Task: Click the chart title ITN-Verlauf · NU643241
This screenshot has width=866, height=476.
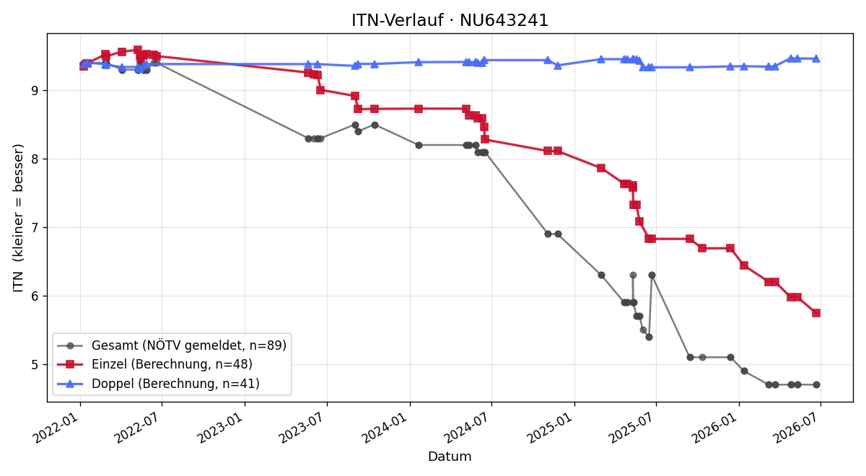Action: (450, 20)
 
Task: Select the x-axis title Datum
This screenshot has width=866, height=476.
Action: (450, 457)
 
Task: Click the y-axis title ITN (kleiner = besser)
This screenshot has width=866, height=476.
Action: (19, 218)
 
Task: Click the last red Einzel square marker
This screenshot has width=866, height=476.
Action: (816, 313)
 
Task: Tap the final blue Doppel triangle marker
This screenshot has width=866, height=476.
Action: (816, 58)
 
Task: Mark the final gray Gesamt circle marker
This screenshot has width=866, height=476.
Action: (816, 385)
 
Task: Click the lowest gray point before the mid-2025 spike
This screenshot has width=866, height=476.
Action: (649, 338)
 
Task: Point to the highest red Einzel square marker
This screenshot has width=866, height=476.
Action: (138, 50)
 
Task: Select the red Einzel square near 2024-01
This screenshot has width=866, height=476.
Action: (419, 109)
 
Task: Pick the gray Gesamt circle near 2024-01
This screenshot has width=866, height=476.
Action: (419, 145)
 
